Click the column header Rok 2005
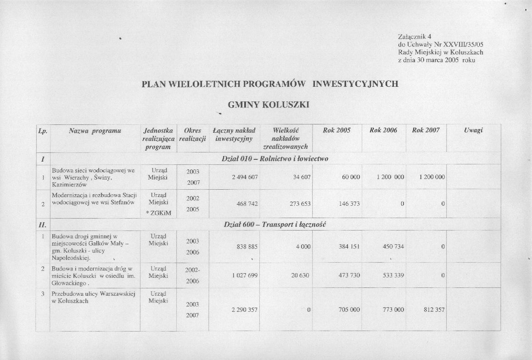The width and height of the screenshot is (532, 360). point(336,130)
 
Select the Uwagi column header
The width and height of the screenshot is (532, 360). point(473,130)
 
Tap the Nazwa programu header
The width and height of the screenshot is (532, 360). point(95,130)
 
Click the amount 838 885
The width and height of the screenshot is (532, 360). point(246,247)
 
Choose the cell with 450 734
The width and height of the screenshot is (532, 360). point(393,247)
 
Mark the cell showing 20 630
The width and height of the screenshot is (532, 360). point(301,275)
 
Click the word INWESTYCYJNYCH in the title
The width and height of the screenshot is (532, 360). point(355,84)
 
